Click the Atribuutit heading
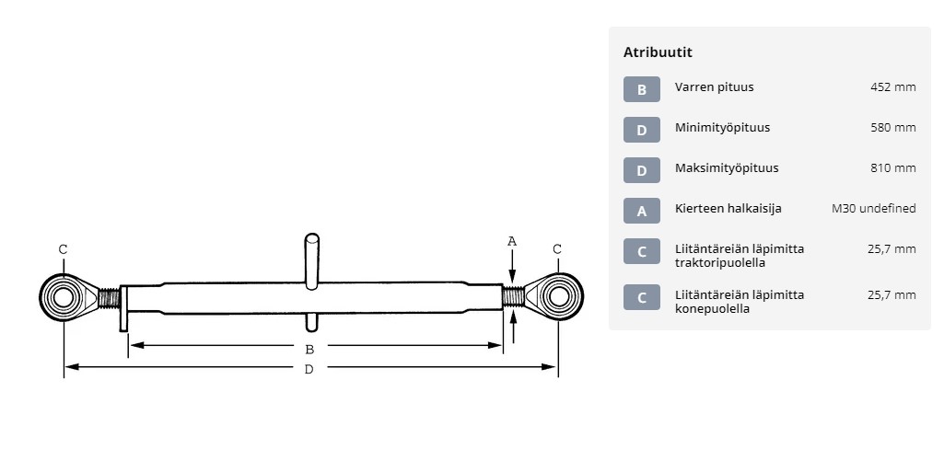(658, 52)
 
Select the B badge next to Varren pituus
(642, 89)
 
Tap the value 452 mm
(892, 87)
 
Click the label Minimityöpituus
(722, 127)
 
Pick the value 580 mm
(892, 127)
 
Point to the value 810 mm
(892, 167)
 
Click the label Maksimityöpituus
(727, 167)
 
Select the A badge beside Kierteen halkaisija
(642, 211)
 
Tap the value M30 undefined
(874, 209)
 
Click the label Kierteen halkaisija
(728, 209)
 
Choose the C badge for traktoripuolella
(642, 251)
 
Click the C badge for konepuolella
(642, 297)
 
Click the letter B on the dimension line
(309, 350)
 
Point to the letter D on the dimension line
(309, 369)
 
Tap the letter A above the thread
(512, 242)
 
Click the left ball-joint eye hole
(62, 297)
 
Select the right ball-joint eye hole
(559, 295)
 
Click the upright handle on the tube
(311, 261)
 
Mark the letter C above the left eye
(64, 248)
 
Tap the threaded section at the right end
(513, 296)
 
